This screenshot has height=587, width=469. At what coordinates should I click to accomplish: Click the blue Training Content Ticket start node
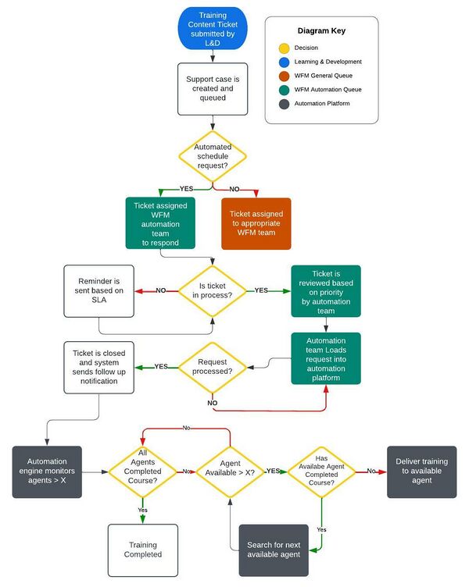[x=213, y=28]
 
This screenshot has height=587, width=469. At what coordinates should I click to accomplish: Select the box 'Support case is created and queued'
[x=213, y=88]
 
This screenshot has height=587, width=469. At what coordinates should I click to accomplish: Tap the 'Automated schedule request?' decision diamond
[x=213, y=156]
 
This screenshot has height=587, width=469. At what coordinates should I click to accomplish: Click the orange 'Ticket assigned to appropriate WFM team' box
[x=256, y=223]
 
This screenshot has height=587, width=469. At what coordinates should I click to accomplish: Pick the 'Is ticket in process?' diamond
[x=213, y=290]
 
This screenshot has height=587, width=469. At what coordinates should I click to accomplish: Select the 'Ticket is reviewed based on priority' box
[x=326, y=290]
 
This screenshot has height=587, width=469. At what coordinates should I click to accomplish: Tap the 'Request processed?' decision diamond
[x=213, y=366]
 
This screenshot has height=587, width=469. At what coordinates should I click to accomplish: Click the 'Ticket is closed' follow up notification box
[x=99, y=366]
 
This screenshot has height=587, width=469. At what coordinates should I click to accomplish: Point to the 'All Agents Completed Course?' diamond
[x=141, y=471]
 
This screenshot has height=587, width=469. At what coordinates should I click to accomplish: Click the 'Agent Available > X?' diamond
[x=231, y=471]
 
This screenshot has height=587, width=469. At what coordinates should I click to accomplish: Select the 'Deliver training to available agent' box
[x=422, y=471]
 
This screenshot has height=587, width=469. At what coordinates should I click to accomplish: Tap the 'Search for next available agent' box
[x=274, y=549]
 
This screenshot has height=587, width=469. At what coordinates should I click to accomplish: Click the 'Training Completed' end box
[x=142, y=550]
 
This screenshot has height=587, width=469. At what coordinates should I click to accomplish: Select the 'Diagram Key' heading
[x=321, y=31]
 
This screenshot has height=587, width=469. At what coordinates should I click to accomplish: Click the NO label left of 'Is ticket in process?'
[x=161, y=290]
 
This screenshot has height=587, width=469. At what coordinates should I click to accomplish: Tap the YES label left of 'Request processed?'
[x=161, y=366]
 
